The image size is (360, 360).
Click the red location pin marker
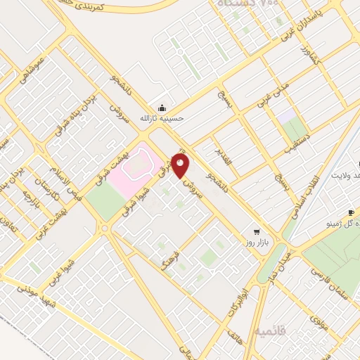pyautogui.click(x=181, y=166)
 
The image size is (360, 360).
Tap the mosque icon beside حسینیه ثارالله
pyautogui.click(x=163, y=108)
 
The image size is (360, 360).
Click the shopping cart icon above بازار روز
pyautogui.click(x=257, y=231)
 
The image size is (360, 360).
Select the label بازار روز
pyautogui.click(x=258, y=243)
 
